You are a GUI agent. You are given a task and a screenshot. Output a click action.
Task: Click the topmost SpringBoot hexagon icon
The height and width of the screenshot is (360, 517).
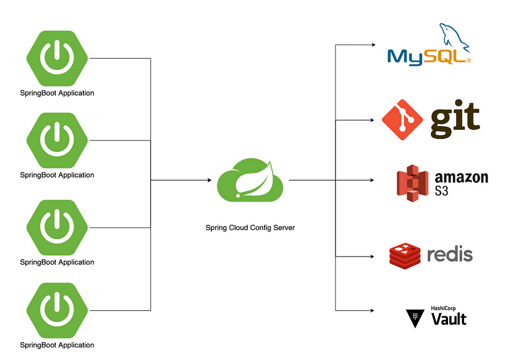tap(57, 59)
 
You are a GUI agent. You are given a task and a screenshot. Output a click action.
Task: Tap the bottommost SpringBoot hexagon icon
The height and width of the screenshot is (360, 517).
tap(57, 310)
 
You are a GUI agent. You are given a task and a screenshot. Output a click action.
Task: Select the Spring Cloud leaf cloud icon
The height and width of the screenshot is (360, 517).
tap(250, 180)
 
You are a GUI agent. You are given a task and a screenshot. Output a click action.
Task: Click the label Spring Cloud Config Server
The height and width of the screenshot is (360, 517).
tap(250, 228)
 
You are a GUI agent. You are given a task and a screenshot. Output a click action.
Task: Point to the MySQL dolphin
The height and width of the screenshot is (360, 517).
tap(455, 37)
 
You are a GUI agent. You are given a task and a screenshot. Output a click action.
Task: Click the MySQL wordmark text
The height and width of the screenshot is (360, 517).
tap(429, 58)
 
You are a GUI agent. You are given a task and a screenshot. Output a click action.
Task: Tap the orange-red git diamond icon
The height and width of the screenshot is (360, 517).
tap(402, 120)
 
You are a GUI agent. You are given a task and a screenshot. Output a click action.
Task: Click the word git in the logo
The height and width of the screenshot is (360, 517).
tap(456, 120)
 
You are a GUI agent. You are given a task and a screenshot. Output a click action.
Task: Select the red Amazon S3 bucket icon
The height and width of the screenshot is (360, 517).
tap(412, 183)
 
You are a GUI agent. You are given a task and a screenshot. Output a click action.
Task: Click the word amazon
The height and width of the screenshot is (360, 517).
tap(461, 178)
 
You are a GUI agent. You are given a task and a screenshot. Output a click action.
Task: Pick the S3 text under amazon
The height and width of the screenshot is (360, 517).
tap(442, 191)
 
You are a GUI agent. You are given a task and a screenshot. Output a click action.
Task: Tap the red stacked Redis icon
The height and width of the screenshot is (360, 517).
tap(405, 256)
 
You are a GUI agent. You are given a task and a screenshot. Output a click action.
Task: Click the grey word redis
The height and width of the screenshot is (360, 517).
tap(450, 254)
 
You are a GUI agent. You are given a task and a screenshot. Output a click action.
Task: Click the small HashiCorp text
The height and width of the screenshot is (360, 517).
tap(443, 308)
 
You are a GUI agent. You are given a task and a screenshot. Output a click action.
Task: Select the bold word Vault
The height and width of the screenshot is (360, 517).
tap(449, 319)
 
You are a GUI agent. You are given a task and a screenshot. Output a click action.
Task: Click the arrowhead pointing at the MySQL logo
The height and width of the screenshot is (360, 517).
tap(374, 45)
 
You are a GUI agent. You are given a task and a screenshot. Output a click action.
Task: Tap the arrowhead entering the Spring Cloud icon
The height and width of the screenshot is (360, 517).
tap(209, 180)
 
